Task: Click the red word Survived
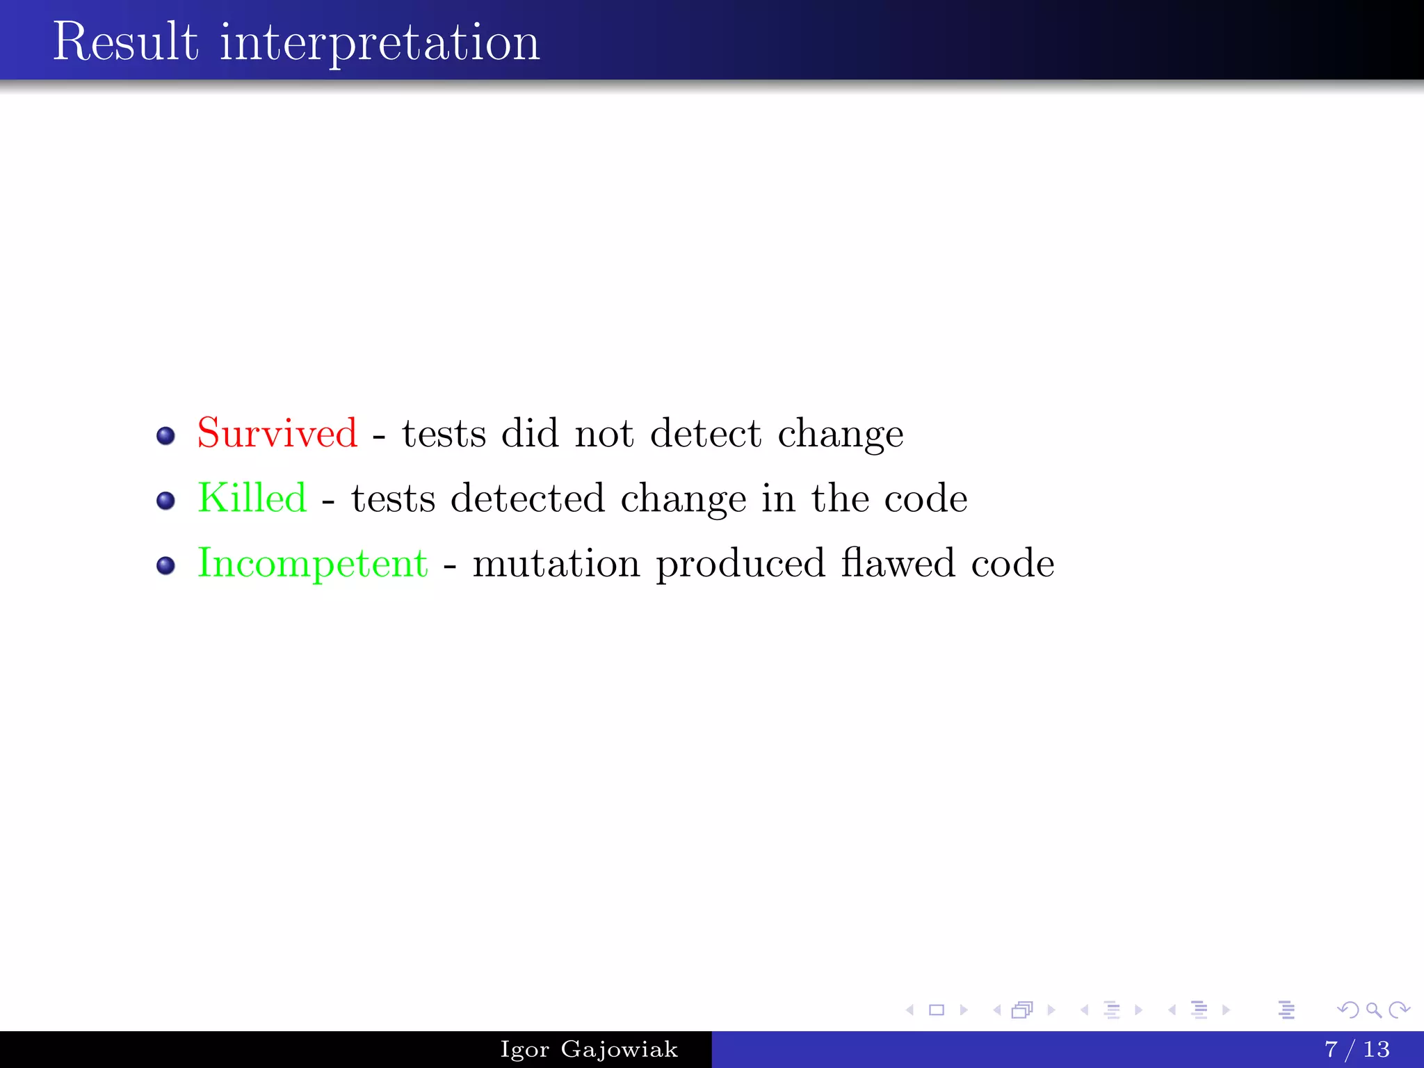coord(277,433)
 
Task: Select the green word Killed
coord(252,498)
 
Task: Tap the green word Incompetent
coord(312,563)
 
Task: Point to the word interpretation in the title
coord(380,43)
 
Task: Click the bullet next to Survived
coord(165,436)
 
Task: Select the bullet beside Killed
coord(165,501)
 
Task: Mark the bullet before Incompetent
coord(165,565)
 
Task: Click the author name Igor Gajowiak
coord(589,1049)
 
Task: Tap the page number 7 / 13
coord(1357,1049)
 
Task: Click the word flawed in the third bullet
coord(898,563)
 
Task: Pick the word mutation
coord(556,563)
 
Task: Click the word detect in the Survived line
coord(706,433)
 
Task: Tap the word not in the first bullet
coord(604,434)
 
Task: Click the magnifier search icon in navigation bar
coord(1373,1010)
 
